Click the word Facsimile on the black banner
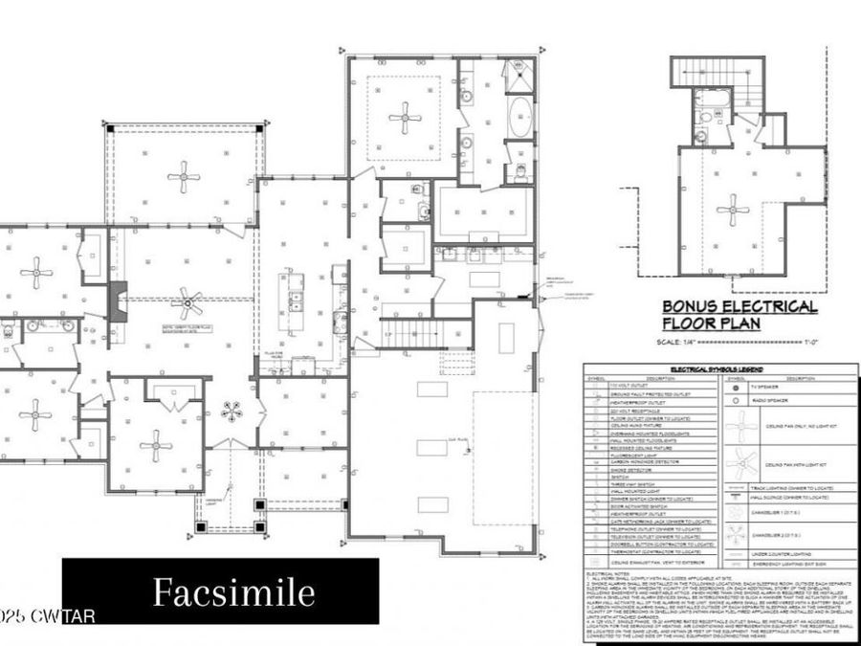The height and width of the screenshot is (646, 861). point(233,592)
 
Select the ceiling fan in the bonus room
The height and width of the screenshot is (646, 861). point(733,210)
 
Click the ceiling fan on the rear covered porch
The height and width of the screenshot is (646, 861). point(183,176)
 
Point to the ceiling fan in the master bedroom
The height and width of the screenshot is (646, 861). point(403,119)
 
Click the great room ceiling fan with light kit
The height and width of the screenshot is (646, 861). point(188,305)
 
